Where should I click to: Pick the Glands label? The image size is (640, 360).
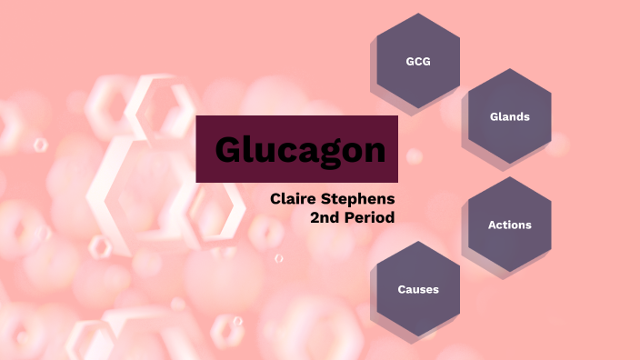click(x=509, y=116)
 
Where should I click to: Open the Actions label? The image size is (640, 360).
click(x=509, y=225)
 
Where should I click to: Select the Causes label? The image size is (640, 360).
click(x=418, y=289)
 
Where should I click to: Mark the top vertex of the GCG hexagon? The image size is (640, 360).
click(x=418, y=13)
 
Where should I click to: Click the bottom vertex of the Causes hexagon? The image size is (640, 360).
click(x=418, y=337)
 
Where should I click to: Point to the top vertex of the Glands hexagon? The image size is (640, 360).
click(x=509, y=68)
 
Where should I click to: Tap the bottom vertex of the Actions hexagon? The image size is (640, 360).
click(x=509, y=273)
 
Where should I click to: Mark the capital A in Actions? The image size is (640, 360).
click(x=492, y=225)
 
